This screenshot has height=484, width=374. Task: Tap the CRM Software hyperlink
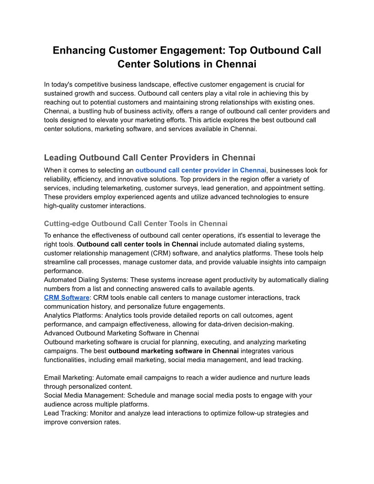tap(66, 297)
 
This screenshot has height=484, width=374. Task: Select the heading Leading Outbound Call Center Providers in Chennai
tap(149, 158)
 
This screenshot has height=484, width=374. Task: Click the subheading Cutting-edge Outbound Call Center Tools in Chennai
tap(135, 224)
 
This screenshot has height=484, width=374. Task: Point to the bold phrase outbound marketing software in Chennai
tap(173, 351)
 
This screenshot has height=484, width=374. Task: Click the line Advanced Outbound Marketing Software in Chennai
tap(121, 333)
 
